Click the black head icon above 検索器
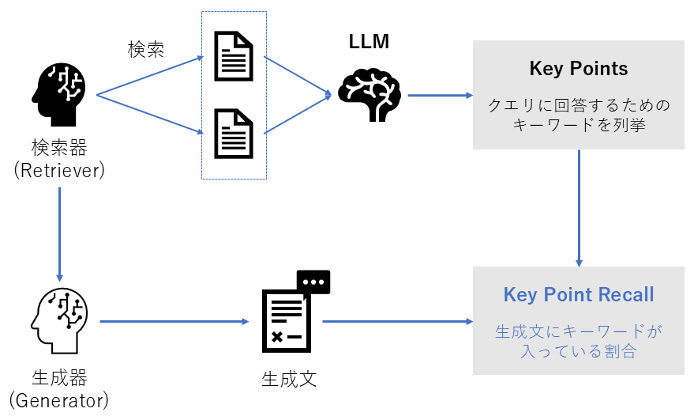[x=59, y=94]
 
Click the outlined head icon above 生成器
[x=59, y=320]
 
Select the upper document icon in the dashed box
[x=234, y=56]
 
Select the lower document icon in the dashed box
[x=234, y=132]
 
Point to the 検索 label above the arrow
[x=146, y=48]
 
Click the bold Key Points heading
[x=579, y=69]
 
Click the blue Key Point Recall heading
[x=579, y=295]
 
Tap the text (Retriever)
[x=59, y=170]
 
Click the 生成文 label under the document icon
[x=289, y=378]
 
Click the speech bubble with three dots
[x=313, y=282]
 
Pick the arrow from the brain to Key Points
[x=439, y=95]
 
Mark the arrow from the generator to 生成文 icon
[x=174, y=321]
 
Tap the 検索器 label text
[x=59, y=147]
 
